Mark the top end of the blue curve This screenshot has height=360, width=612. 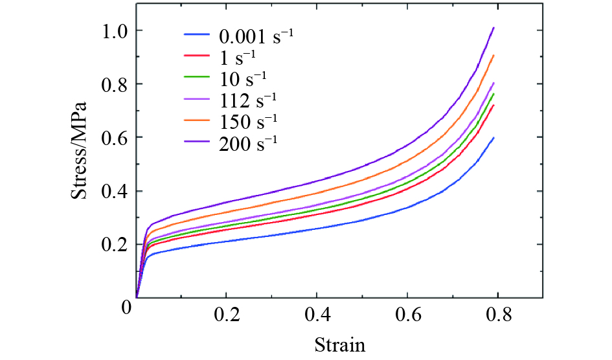494,137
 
